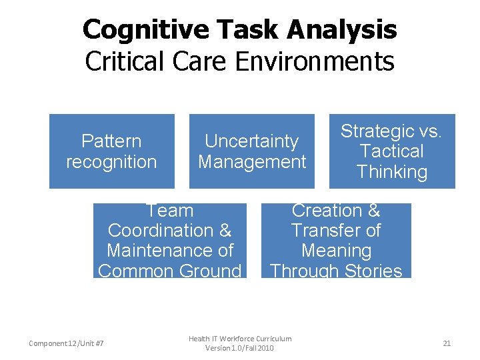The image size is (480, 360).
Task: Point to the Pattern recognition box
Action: pos(112,151)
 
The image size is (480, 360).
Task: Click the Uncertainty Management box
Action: pos(252,151)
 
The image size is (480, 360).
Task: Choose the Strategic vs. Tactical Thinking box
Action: pos(392,151)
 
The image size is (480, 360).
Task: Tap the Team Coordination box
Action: pos(169,241)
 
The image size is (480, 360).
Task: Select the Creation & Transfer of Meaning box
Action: pos(336,241)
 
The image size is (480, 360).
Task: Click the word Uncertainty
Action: pos(252,141)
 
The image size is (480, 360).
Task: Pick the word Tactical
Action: pos(392,151)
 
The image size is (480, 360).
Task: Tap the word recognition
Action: pos(112,161)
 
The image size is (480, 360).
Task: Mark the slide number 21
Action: pos(447,343)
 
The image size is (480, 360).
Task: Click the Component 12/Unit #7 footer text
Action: pos(66,343)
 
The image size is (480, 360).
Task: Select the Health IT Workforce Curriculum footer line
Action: pos(240,339)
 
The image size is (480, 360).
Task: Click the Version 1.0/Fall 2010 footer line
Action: pos(240,348)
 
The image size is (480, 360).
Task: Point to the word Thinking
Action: pos(392,172)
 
